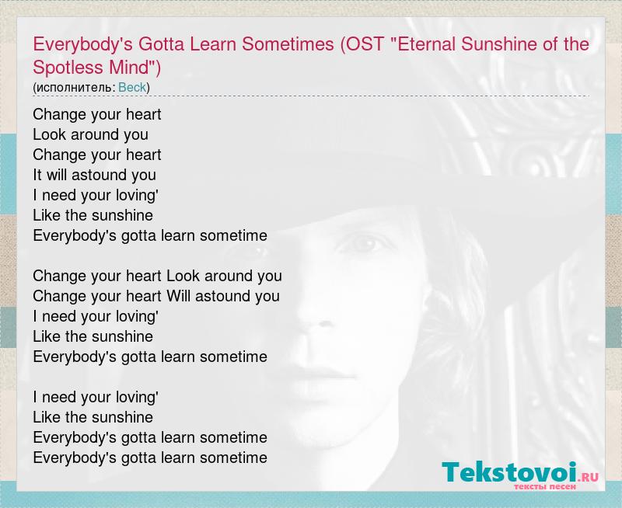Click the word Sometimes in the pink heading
288,44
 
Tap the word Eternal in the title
423,44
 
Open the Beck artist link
132,87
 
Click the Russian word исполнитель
73,88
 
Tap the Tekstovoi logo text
510,472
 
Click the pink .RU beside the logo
589,477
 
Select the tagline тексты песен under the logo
545,486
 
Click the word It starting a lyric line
37,175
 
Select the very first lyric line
96,114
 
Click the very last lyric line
150,458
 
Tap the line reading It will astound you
94,175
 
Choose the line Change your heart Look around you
157,276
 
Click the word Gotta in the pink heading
161,44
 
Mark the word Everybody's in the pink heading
83,45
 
